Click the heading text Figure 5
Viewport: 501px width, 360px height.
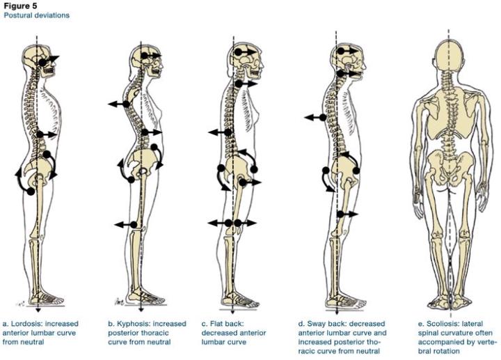click(20, 6)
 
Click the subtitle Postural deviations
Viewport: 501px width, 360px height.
click(36, 15)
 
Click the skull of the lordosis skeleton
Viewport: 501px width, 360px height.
click(40, 61)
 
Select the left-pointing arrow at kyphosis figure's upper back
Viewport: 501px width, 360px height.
click(119, 104)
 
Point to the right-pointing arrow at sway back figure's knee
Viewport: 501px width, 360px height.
click(347, 214)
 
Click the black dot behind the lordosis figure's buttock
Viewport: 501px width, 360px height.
click(31, 191)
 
